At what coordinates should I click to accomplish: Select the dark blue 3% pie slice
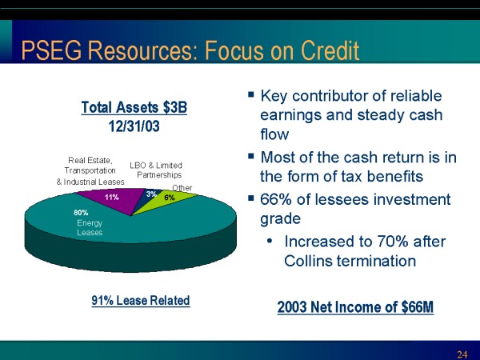(150, 195)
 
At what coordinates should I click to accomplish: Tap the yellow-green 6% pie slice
(168, 199)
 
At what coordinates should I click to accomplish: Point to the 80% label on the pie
(81, 213)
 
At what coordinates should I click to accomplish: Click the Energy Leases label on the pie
(90, 228)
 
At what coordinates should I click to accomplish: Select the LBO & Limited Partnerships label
(156, 170)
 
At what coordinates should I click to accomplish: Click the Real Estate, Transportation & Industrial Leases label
(90, 171)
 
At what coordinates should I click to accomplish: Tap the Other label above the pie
(182, 188)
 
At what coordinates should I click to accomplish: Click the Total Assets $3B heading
(134, 108)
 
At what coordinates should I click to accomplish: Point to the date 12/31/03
(134, 126)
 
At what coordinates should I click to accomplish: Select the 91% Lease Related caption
(141, 301)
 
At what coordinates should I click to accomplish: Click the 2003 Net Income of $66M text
(355, 307)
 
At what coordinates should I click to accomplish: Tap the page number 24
(462, 354)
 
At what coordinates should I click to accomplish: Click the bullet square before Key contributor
(251, 94)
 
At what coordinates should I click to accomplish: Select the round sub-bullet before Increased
(270, 242)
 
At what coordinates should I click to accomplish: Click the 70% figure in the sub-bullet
(393, 242)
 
